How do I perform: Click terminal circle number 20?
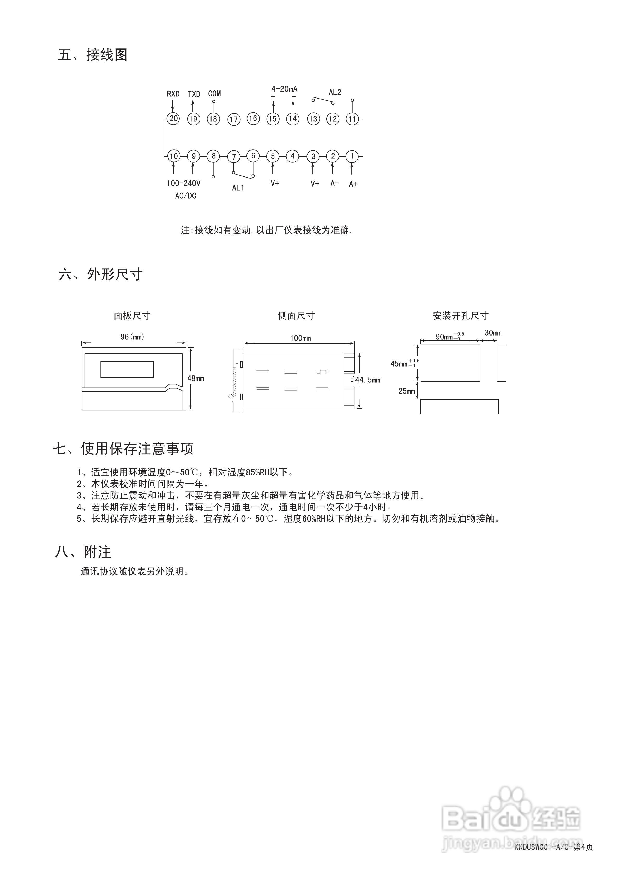[x=173, y=119]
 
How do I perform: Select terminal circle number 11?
[x=352, y=119]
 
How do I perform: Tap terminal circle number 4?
[x=293, y=156]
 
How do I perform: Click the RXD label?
[x=173, y=94]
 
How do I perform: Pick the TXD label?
[x=194, y=94]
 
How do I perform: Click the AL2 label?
[x=335, y=92]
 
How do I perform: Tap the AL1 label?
[x=238, y=188]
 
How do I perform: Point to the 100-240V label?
[x=183, y=184]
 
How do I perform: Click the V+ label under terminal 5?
[x=275, y=184]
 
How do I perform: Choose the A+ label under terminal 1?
[x=353, y=184]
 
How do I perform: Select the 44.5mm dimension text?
[x=368, y=380]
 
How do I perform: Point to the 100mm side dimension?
[x=300, y=338]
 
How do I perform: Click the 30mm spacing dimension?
[x=493, y=333]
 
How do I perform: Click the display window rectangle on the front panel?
[x=127, y=369]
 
